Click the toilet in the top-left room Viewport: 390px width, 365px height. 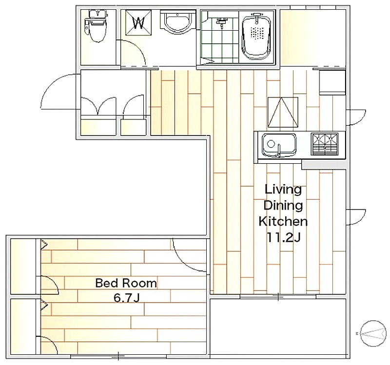(97, 26)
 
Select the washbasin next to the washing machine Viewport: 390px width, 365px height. (177, 23)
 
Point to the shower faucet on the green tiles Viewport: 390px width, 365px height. (221, 22)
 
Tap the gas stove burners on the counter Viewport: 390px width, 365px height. (325, 144)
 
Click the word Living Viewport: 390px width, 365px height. (283, 190)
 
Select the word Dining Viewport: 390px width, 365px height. (283, 205)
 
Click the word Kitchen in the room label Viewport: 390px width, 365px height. (283, 221)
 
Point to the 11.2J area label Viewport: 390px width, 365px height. (284, 237)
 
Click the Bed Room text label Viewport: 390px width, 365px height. (126, 283)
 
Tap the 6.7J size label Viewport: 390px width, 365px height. (126, 298)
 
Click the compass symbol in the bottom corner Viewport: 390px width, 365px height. (371, 333)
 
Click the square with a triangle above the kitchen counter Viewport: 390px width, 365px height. (283, 112)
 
